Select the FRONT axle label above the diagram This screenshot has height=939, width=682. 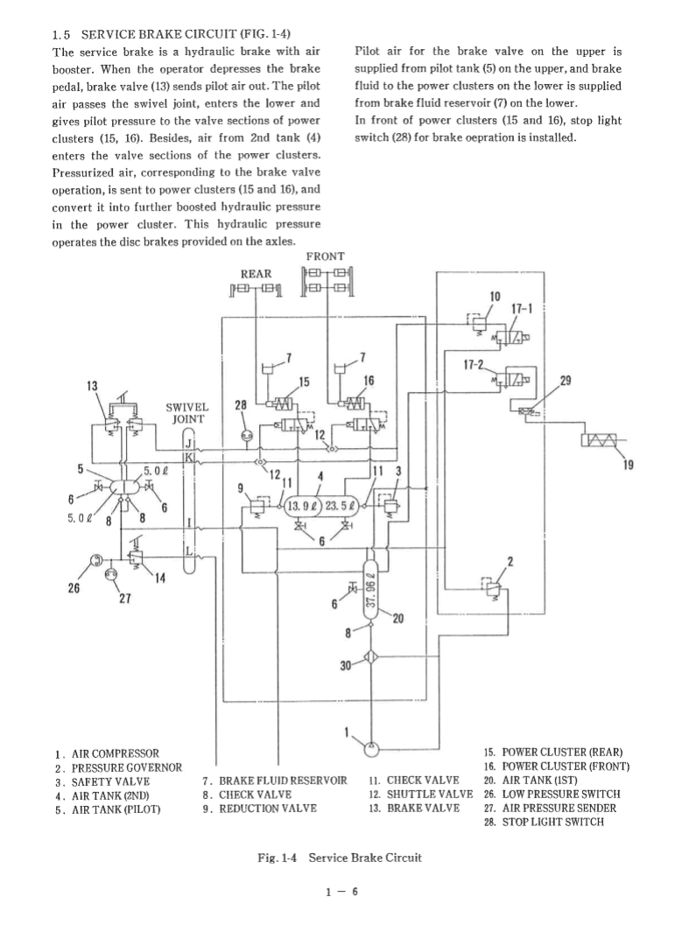click(x=325, y=256)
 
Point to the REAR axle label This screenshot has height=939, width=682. click(x=255, y=274)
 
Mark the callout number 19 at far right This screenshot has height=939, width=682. click(x=627, y=466)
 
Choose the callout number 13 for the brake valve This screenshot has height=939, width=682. click(x=92, y=386)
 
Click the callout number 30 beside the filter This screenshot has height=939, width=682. click(x=346, y=665)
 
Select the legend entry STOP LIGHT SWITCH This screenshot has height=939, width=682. click(x=550, y=822)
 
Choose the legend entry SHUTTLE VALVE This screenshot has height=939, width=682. click(x=418, y=794)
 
